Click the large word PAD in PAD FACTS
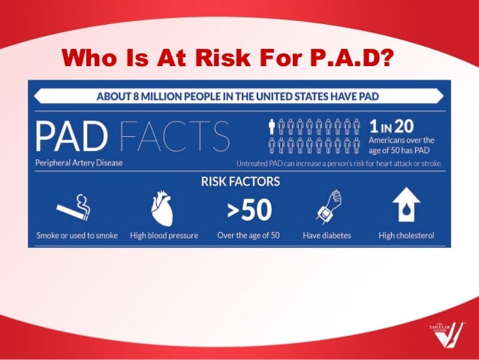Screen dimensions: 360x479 click(x=73, y=136)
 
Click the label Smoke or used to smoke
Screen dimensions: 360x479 click(x=77, y=235)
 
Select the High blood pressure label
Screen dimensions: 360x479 click(x=164, y=235)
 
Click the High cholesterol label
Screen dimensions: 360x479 click(x=406, y=235)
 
